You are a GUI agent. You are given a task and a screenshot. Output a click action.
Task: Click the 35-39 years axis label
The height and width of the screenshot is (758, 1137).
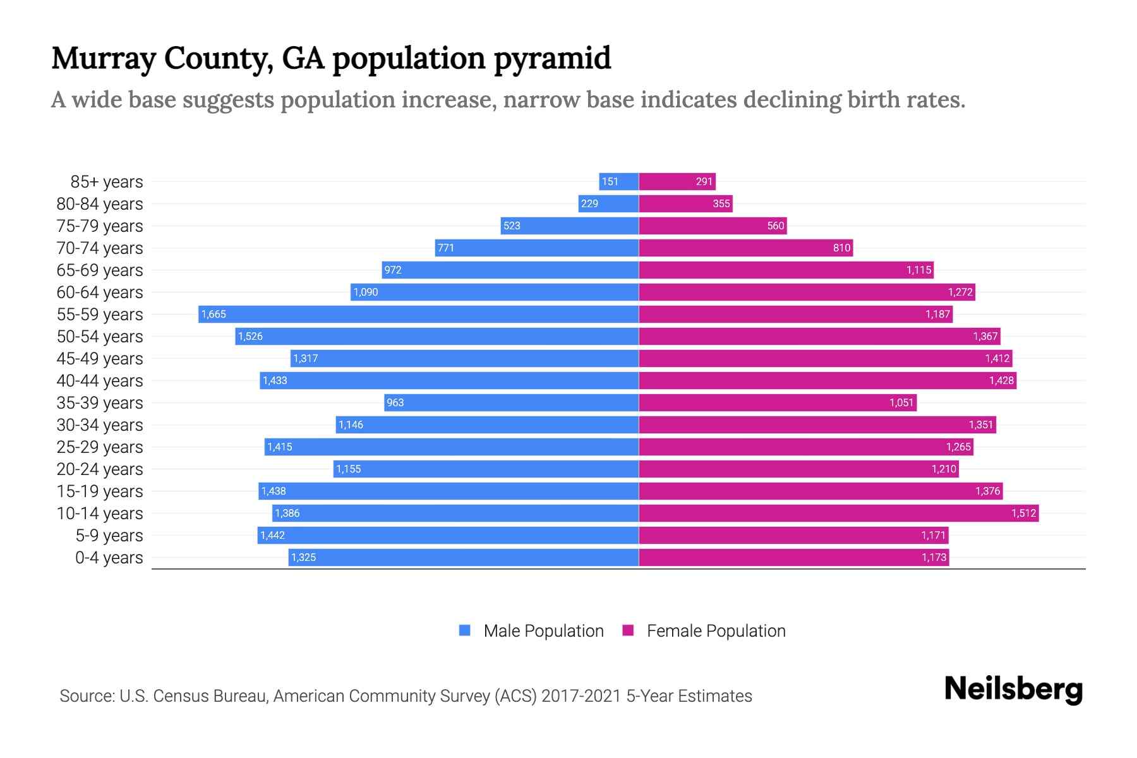[100, 403]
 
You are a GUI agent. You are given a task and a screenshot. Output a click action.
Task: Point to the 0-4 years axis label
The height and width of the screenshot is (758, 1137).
[109, 558]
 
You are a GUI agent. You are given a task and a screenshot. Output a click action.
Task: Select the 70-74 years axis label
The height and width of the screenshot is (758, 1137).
[100, 248]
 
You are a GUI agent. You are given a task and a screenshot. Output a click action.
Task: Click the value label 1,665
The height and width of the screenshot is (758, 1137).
[214, 315]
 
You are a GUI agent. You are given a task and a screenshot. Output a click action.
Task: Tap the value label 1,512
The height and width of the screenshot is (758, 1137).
[1023, 514]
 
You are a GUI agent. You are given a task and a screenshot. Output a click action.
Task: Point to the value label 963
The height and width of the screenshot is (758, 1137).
[395, 403]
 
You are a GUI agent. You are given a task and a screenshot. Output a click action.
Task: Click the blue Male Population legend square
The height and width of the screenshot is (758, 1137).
[465, 630]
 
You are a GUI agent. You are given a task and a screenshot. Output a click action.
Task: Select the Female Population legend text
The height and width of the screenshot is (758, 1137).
[716, 631]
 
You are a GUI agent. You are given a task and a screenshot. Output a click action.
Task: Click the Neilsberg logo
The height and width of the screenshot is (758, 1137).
[1013, 689]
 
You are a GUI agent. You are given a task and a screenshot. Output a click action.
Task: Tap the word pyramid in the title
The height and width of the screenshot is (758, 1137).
[552, 59]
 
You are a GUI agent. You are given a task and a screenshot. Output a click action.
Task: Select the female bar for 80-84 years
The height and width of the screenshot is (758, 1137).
[685, 203]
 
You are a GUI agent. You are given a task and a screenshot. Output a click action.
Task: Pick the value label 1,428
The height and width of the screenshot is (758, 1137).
[1001, 381]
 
